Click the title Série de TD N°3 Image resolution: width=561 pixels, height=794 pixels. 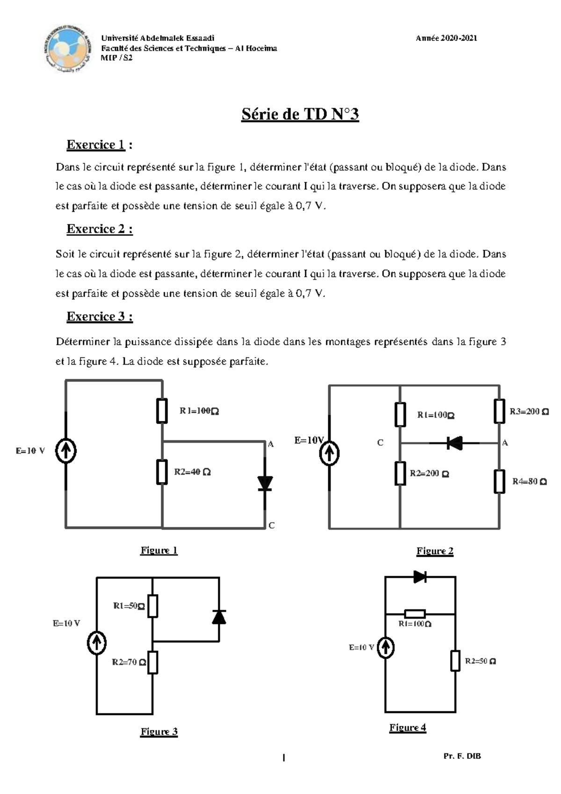(300, 114)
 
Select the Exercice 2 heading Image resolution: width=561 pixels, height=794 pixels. (99, 229)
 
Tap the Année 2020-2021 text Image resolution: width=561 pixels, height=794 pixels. (446, 38)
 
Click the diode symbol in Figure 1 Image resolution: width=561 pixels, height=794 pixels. (265, 483)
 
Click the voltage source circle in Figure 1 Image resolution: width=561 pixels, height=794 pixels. (66, 451)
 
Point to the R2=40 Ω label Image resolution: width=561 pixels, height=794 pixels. (192, 472)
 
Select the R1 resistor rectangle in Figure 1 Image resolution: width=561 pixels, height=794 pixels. (162, 411)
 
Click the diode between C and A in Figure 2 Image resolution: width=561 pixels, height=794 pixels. (454, 442)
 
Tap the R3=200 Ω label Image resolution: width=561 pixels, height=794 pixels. (529, 411)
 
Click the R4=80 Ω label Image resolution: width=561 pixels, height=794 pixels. (529, 481)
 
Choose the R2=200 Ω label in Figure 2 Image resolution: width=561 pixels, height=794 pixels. (429, 473)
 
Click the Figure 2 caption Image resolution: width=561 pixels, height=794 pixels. (435, 551)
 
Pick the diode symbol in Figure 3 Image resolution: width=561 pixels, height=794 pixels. (219, 617)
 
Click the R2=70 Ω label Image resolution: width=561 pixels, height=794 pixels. (129, 662)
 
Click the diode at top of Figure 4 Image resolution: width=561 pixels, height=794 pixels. (420, 577)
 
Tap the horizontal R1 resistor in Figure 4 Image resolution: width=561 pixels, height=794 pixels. (415, 614)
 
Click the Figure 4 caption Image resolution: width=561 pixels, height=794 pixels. (408, 727)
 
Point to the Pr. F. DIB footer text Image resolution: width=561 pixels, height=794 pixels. (462, 756)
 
